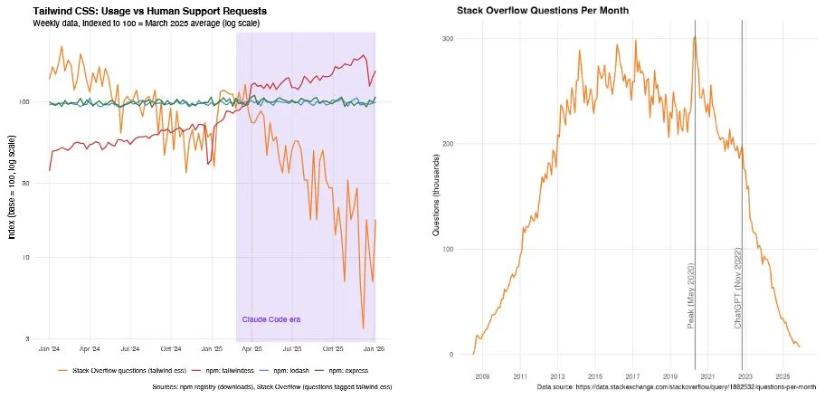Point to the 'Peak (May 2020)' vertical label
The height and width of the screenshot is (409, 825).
coord(691,294)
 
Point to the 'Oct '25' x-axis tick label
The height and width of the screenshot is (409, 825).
coord(334,348)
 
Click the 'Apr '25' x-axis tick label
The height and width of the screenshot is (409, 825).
coord(253,348)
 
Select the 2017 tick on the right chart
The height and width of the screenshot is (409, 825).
coord(632,375)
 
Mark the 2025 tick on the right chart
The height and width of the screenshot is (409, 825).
coord(782,375)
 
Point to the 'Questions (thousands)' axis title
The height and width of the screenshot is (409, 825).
coord(436,195)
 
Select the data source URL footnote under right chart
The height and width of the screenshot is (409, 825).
coord(677,386)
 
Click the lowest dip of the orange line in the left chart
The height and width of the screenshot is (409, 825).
coord(363,328)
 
